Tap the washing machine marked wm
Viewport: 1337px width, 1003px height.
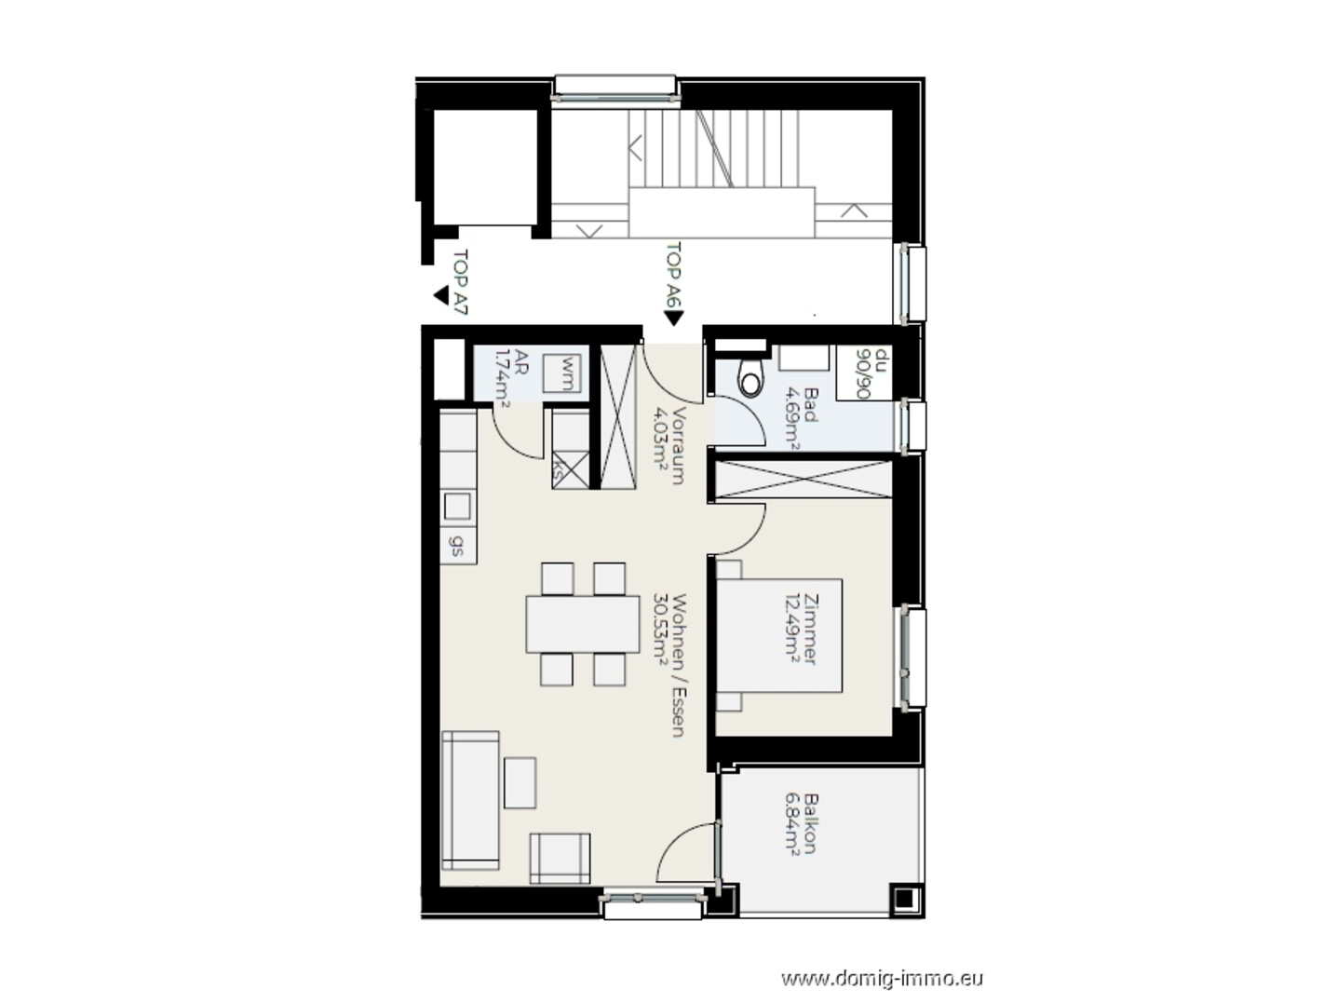561,373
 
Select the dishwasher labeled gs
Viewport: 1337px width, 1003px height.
457,545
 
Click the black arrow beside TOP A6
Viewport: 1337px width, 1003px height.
674,318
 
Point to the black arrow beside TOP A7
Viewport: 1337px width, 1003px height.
441,296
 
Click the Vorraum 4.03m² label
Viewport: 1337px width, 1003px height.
668,444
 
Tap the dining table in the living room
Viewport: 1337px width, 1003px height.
583,624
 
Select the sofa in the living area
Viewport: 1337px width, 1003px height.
470,800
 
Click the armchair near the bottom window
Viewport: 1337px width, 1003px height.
560,858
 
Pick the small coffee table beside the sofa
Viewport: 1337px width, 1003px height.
520,782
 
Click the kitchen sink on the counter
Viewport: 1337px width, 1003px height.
457,506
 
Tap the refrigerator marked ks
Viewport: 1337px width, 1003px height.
571,469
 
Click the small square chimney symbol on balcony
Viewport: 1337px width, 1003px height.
905,899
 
